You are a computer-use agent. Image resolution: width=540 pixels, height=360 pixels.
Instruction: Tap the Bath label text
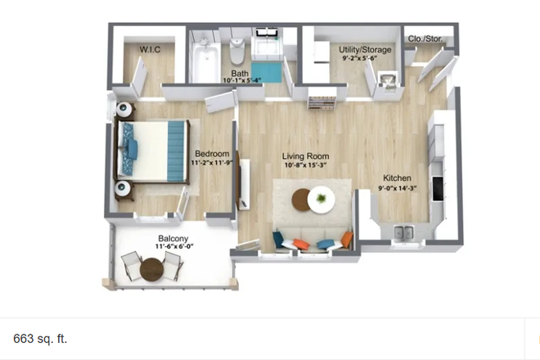click(x=240, y=73)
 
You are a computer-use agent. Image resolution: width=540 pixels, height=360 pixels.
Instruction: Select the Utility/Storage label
click(x=365, y=51)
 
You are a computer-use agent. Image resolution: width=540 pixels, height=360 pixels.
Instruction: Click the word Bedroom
click(x=209, y=153)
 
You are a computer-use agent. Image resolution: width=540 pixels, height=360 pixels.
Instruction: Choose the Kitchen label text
click(x=397, y=178)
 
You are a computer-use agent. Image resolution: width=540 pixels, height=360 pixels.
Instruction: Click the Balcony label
click(x=174, y=239)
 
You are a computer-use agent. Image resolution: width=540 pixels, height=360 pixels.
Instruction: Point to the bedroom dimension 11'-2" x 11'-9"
click(x=212, y=163)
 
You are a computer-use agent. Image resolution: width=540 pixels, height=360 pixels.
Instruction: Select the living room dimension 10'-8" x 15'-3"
click(x=305, y=166)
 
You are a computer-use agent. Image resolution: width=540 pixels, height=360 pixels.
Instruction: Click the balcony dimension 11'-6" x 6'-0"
click(x=175, y=247)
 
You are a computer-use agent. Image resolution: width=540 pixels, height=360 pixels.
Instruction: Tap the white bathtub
click(x=203, y=62)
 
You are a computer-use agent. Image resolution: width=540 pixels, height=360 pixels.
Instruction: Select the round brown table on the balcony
click(x=152, y=268)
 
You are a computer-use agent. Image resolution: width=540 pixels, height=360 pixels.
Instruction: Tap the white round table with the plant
click(x=321, y=200)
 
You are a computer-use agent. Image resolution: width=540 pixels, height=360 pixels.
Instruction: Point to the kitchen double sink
click(x=403, y=233)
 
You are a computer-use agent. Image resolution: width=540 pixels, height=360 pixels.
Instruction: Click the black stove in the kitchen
click(x=439, y=189)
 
